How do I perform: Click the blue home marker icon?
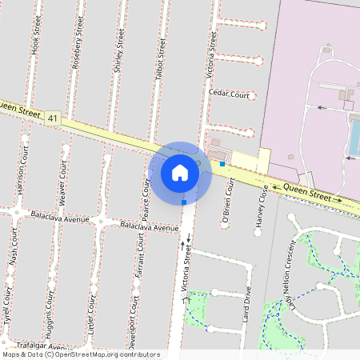pyautogui.click(x=180, y=173)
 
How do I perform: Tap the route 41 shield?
pyautogui.click(x=53, y=118)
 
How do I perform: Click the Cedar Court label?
pyautogui.click(x=229, y=94)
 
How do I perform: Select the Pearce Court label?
pyautogui.click(x=146, y=199)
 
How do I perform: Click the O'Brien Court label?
pyautogui.click(x=229, y=202)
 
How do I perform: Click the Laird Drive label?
pyautogui.click(x=246, y=309)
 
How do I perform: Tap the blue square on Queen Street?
pyautogui.click(x=222, y=164)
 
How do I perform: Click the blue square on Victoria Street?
pyautogui.click(x=184, y=202)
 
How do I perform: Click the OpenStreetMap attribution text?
pyautogui.click(x=81, y=354)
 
